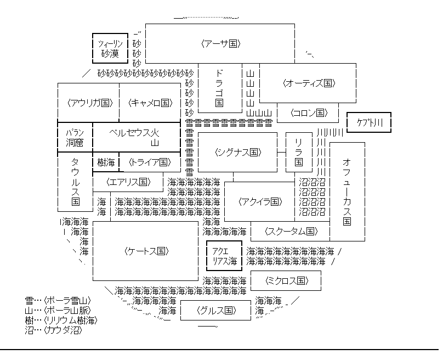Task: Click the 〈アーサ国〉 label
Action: tap(220, 44)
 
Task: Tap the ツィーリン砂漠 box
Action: tap(110, 48)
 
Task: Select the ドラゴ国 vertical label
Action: tap(219, 88)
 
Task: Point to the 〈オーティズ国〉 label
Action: tap(309, 83)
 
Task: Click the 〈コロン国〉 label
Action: tap(309, 113)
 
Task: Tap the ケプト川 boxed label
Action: tap(369, 122)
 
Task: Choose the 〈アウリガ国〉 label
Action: tap(90, 103)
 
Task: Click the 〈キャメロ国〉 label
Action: tap(150, 103)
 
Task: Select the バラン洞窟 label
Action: tap(75, 138)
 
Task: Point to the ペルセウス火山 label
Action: tap(134, 138)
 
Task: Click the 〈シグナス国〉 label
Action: tap(238, 153)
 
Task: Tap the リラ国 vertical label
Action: tap(299, 153)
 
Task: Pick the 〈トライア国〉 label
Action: tap(150, 162)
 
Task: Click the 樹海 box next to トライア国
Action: tap(106, 162)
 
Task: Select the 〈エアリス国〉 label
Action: tap(128, 182)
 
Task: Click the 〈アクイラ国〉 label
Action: tap(260, 202)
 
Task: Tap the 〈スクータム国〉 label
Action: tap(291, 232)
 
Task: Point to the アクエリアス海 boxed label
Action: tap(224, 256)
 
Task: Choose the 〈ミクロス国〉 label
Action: tap(287, 281)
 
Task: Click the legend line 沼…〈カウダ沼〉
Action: tap(53, 330)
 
